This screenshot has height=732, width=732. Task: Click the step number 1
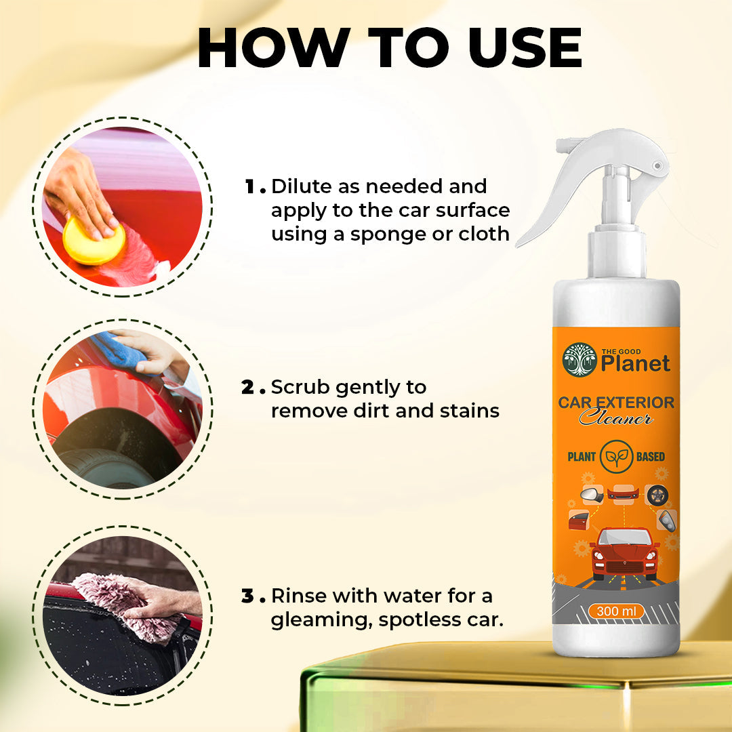(251, 186)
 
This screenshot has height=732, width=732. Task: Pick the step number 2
(248, 388)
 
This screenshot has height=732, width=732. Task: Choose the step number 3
(248, 596)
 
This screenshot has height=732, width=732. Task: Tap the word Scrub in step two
(301, 388)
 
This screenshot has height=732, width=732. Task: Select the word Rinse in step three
(298, 596)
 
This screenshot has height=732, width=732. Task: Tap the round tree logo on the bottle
(579, 359)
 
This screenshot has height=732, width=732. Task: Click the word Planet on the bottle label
(635, 363)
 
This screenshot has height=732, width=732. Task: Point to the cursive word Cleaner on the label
(615, 419)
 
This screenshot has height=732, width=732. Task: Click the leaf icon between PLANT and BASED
(616, 457)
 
